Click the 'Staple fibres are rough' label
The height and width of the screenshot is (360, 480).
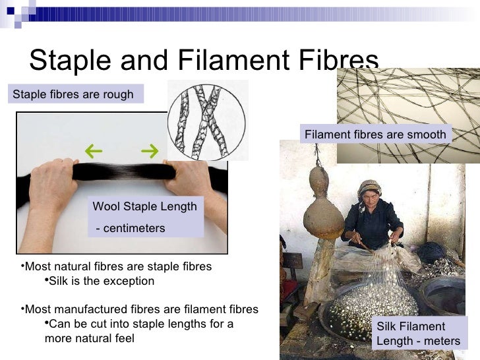tap(73, 94)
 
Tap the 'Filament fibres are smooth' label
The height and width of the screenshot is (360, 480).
tap(375, 135)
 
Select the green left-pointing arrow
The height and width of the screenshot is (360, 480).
tap(93, 152)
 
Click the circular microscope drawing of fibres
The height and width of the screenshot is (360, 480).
tap(206, 121)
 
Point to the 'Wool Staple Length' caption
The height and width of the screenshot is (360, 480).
tap(144, 206)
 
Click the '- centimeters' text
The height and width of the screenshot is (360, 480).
tap(131, 228)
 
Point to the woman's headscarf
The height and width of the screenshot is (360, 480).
tap(370, 186)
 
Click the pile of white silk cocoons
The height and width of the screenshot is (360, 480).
tap(369, 310)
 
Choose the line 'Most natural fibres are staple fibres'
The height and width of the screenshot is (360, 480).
tap(117, 266)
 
